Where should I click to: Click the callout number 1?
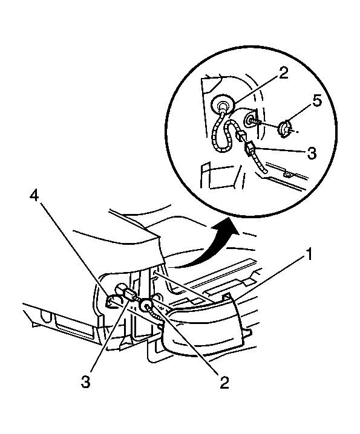click(x=309, y=254)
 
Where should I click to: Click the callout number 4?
click(x=34, y=196)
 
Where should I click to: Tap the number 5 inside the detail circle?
click(x=317, y=102)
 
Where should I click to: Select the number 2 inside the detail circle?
click(x=283, y=73)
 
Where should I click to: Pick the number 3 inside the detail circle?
click(x=312, y=153)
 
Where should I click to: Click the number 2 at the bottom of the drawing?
click(x=224, y=383)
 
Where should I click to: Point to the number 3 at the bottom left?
click(x=86, y=382)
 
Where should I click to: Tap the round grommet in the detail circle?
click(x=222, y=105)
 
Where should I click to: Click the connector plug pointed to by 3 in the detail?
click(x=249, y=149)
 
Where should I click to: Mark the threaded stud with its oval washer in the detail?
click(x=250, y=120)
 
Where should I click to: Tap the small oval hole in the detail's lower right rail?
click(x=287, y=175)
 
